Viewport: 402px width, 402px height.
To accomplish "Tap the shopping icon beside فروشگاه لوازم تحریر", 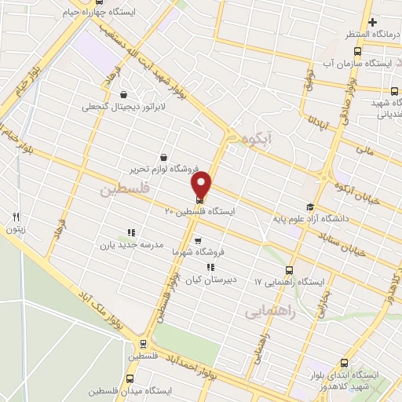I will (x=163, y=157).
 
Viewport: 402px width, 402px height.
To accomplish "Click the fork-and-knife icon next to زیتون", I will (x=15, y=217).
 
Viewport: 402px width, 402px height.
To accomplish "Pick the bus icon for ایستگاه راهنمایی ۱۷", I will (x=291, y=269).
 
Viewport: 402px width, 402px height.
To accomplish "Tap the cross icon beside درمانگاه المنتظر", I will (x=374, y=22).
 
